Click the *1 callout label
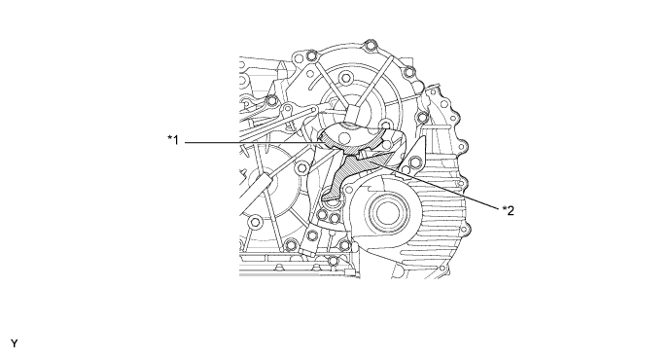tap(173, 140)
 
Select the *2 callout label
tap(509, 210)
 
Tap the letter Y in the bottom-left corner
tap(15, 343)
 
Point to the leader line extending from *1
tap(253, 142)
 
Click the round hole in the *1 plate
tap(343, 137)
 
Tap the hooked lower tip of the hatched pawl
tap(329, 197)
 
